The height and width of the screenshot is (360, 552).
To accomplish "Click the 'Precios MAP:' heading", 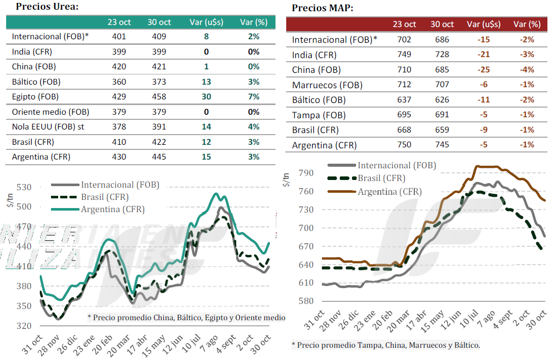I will pyautogui.click(x=322, y=8).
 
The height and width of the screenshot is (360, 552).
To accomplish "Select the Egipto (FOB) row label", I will pyautogui.click(x=35, y=96).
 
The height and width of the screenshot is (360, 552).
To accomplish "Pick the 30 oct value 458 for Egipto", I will pyautogui.click(x=159, y=96).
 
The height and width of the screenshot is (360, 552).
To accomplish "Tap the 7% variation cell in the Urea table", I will pyautogui.click(x=254, y=96).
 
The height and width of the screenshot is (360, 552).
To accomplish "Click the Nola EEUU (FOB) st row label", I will pyautogui.click(x=46, y=126).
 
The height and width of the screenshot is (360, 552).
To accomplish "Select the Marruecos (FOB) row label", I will pyautogui.click(x=326, y=85).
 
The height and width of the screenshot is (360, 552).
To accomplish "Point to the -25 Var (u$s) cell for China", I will pyautogui.click(x=484, y=70).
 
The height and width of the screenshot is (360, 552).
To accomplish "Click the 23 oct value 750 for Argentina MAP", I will pyautogui.click(x=404, y=145).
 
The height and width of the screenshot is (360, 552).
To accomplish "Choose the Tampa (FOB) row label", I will pyautogui.click(x=319, y=115).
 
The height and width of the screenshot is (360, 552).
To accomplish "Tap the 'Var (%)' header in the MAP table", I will pyautogui.click(x=527, y=24).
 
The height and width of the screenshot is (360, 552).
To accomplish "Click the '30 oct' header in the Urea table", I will pyautogui.click(x=159, y=22).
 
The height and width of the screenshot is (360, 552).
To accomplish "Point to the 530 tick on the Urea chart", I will pyautogui.click(x=23, y=187).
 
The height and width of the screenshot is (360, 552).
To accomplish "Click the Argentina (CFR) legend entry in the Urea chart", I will pyautogui.click(x=112, y=209).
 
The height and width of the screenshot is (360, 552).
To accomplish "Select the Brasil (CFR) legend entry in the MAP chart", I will pyautogui.click(x=381, y=178).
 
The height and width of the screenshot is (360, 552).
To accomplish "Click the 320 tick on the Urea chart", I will pyautogui.click(x=23, y=325).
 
